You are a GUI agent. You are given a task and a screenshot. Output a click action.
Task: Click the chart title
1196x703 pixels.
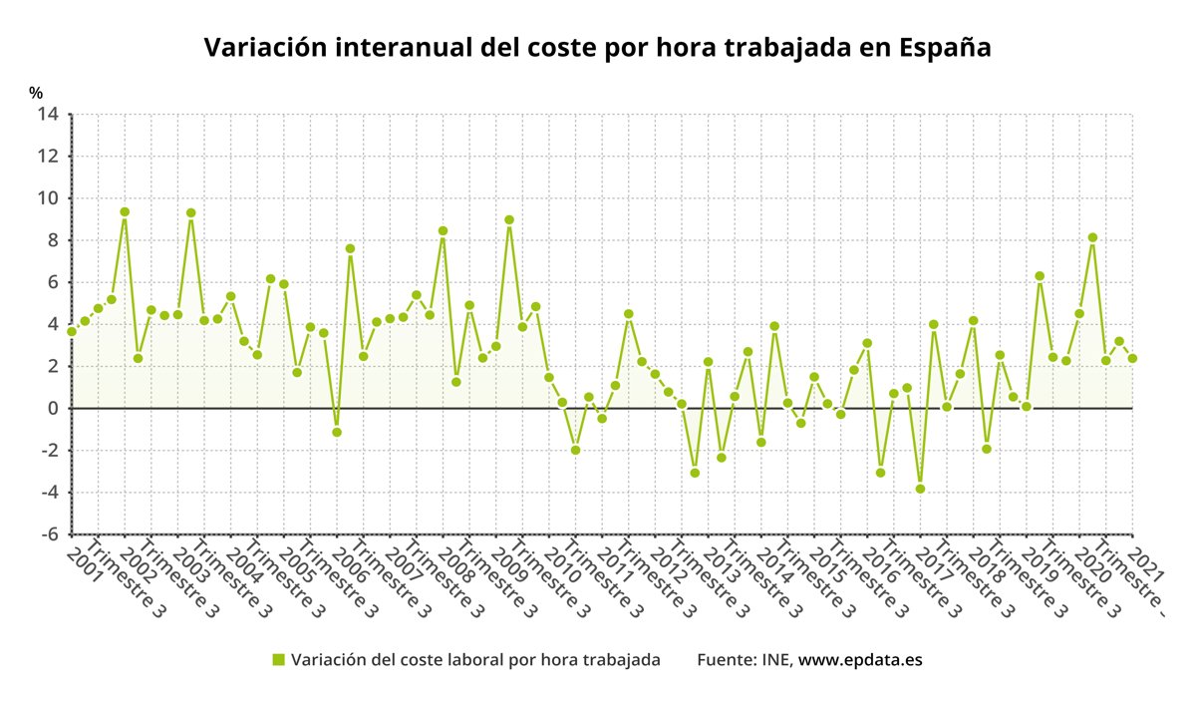[x=597, y=48]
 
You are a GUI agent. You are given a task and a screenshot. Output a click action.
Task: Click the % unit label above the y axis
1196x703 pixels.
[x=36, y=93]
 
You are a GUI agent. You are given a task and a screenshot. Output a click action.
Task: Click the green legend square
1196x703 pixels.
[x=279, y=659]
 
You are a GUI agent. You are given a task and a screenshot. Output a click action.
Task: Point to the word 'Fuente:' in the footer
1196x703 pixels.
[x=727, y=659]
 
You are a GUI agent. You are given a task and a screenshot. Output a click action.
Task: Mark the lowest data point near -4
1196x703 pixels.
[x=920, y=489]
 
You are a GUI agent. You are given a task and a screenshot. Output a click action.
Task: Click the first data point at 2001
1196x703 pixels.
[x=72, y=331]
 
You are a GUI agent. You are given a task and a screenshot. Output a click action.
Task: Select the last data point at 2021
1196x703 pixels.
[x=1132, y=359]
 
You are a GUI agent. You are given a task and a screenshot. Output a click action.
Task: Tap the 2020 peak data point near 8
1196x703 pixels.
[x=1092, y=237]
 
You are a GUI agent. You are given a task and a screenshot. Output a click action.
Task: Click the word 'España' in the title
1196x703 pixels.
[x=944, y=48]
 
